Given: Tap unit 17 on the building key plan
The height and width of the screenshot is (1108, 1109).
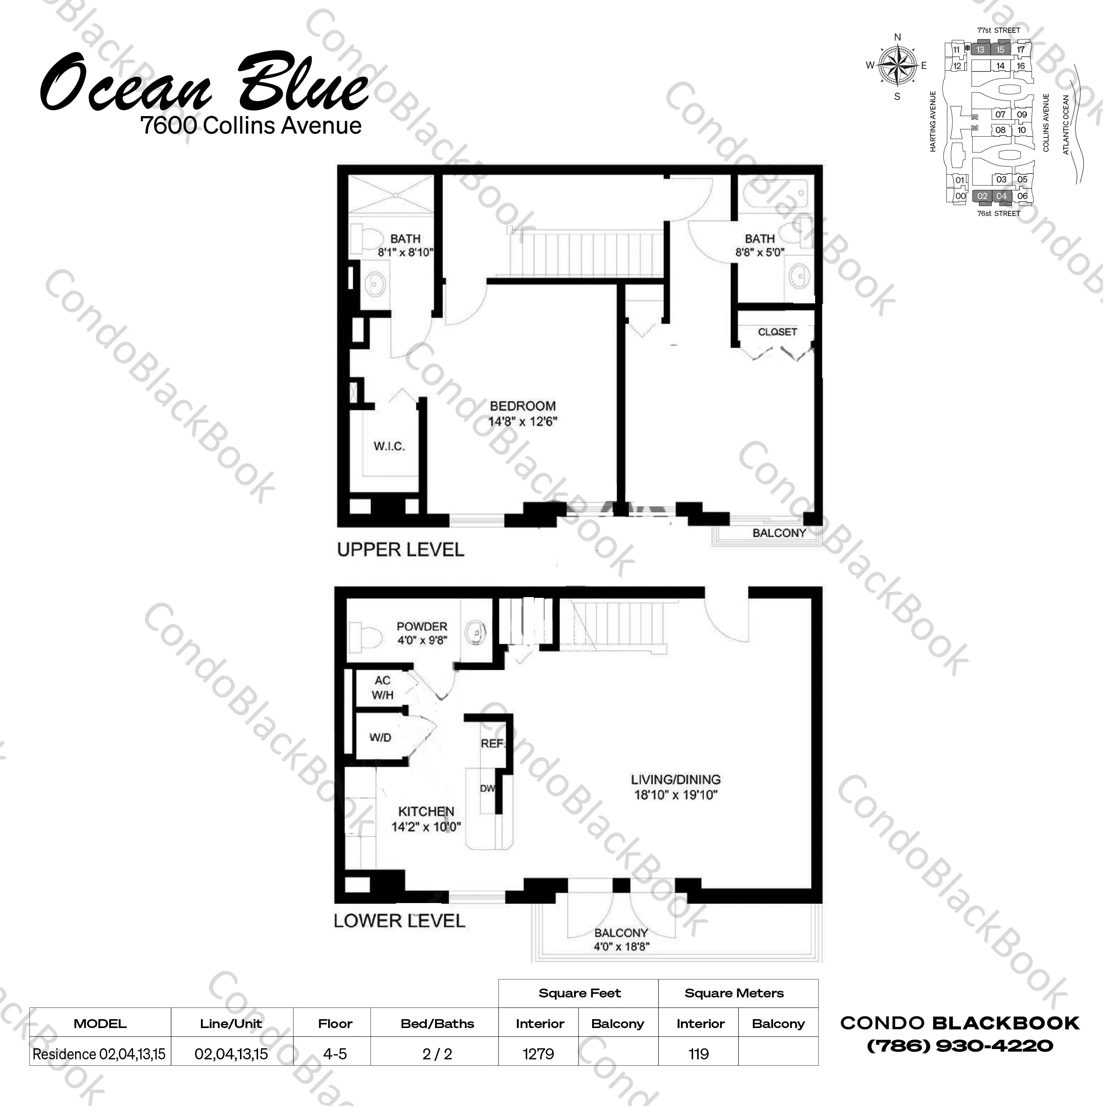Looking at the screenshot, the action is pyautogui.click(x=1021, y=50).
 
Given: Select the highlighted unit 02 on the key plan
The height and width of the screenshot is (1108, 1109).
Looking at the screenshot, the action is pyautogui.click(x=982, y=196).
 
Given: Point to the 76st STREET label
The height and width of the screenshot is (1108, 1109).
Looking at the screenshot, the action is pyautogui.click(x=999, y=213).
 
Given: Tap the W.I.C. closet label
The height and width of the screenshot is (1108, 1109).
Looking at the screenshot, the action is pyautogui.click(x=389, y=446).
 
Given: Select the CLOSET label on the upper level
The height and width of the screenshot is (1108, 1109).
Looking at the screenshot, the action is pyautogui.click(x=777, y=332).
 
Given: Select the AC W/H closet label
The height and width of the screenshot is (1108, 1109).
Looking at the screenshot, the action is pyautogui.click(x=382, y=688).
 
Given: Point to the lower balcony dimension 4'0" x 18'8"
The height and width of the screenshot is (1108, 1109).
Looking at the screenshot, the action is pyautogui.click(x=622, y=947).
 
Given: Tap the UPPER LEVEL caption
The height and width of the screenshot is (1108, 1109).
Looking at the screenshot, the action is pyautogui.click(x=401, y=550).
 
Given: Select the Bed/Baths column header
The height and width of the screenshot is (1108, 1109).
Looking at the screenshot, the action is pyautogui.click(x=437, y=1024).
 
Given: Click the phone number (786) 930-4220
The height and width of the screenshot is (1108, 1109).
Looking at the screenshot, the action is pyautogui.click(x=960, y=1046).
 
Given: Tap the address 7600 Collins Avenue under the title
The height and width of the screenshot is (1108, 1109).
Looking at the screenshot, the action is pyautogui.click(x=251, y=126).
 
